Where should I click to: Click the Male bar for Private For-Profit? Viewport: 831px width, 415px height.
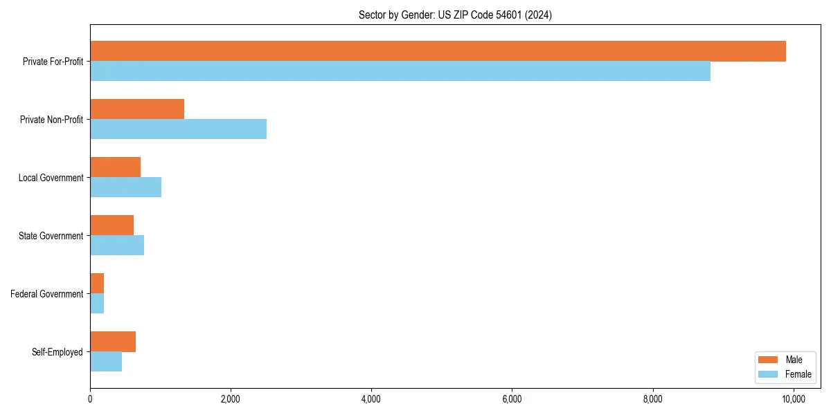[x=438, y=51]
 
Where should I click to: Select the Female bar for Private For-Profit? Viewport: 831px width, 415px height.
[x=400, y=71]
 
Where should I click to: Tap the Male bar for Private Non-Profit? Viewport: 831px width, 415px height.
[x=137, y=109]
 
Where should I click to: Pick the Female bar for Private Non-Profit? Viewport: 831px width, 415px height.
[x=178, y=129]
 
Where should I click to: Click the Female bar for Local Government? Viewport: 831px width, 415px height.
[x=125, y=187]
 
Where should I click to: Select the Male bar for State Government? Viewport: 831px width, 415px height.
[x=111, y=225]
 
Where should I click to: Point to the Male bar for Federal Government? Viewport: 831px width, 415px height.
[x=97, y=284]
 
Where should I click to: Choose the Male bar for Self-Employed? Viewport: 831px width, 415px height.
[x=113, y=342]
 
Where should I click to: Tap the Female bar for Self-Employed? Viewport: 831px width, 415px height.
[x=106, y=362]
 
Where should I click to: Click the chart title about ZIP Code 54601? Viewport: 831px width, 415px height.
[x=455, y=15]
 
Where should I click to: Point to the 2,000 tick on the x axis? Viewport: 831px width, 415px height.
[x=231, y=399]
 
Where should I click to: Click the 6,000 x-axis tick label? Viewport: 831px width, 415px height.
[x=512, y=399]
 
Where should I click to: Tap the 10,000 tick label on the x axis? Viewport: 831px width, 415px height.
[x=793, y=399]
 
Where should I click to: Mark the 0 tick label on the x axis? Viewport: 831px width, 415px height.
[x=90, y=399]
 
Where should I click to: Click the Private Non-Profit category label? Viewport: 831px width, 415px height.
[x=51, y=120]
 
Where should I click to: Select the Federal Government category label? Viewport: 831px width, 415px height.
[x=47, y=294]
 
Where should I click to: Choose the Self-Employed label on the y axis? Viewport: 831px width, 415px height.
[x=57, y=352]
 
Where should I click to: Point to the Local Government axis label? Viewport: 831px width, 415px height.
[x=51, y=178]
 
